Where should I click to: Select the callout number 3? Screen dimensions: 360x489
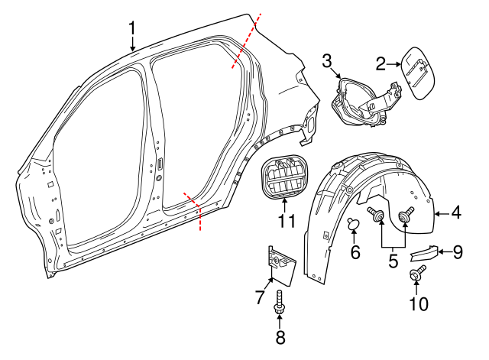[x=326, y=61]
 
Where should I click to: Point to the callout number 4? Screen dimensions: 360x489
[x=455, y=213]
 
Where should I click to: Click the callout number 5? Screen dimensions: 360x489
[x=393, y=261]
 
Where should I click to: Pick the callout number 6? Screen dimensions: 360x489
[x=355, y=251]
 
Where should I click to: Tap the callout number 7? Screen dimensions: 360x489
[x=260, y=295]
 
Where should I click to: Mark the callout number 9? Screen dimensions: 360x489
[x=457, y=251]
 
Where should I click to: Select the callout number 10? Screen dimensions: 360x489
[x=417, y=303]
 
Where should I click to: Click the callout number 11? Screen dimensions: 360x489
[x=285, y=222]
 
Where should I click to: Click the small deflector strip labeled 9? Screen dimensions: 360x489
[x=423, y=254]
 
